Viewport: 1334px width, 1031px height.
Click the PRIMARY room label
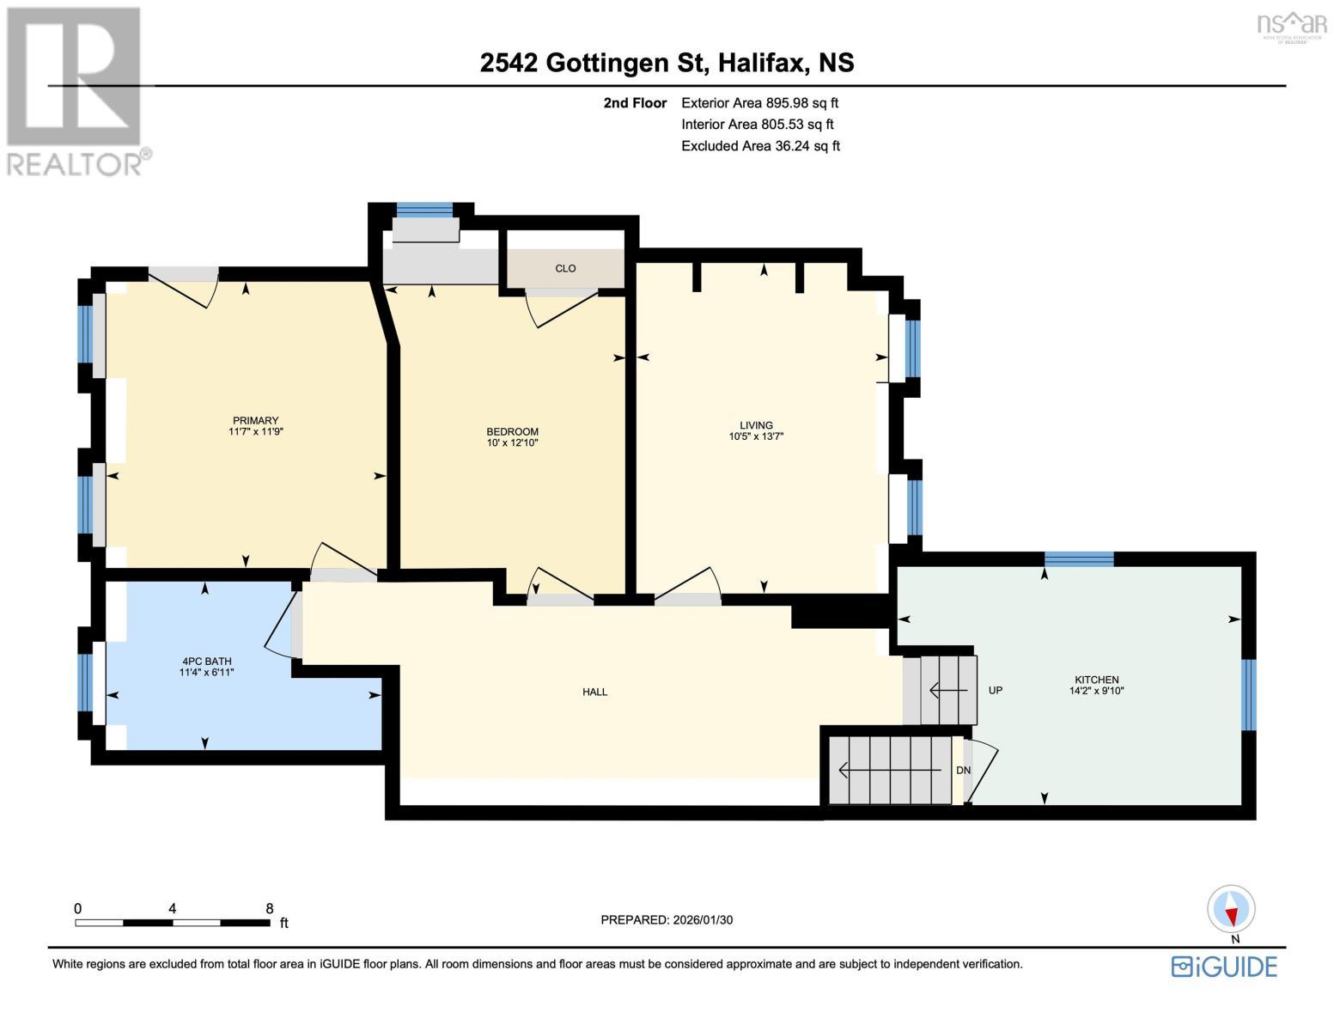coord(255,420)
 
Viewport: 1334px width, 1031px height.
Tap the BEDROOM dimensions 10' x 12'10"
coord(512,443)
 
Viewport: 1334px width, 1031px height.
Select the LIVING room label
coord(756,425)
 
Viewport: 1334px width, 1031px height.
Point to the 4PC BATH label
coord(206,662)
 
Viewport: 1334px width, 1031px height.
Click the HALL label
coord(594,692)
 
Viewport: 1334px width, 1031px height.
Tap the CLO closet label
coord(565,268)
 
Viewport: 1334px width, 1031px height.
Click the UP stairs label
coord(996,690)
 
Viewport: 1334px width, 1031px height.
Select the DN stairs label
coord(963,770)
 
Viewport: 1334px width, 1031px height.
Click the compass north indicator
coord(1231,910)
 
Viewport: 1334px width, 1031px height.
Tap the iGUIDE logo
coord(1224,967)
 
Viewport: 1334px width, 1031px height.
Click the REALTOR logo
coord(76,90)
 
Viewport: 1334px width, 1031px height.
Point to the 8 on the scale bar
coord(270,908)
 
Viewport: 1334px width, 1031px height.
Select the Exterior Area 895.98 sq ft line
coord(759,103)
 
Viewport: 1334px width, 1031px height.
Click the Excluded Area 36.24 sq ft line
coord(760,146)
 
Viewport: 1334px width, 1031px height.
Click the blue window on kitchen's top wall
coord(1079,559)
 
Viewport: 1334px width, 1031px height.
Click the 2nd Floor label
coord(635,103)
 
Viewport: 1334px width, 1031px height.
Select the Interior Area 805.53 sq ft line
coord(758,125)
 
